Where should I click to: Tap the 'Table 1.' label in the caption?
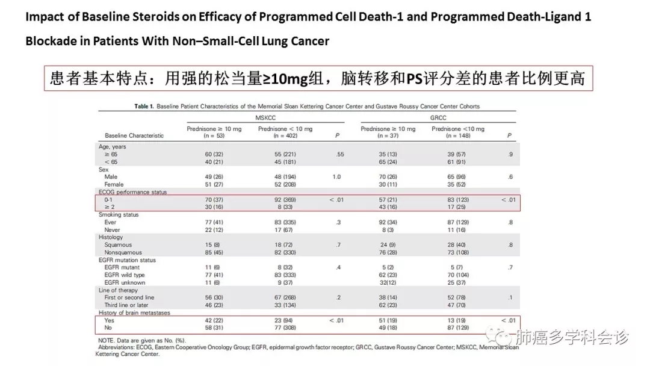[144, 107]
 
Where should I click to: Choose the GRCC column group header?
[438, 118]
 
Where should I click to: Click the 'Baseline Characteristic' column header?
[134, 135]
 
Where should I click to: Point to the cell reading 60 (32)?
[214, 155]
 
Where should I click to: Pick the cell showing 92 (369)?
[285, 199]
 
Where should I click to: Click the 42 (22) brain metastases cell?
[214, 321]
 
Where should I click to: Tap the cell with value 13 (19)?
[456, 321]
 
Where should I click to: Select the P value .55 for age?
[340, 155]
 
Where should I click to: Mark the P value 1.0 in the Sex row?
[336, 177]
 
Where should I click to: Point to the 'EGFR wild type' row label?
[125, 275]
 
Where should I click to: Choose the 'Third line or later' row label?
[126, 305]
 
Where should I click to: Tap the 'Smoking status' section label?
[119, 215]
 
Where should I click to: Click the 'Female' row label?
[114, 184]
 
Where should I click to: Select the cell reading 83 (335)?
[285, 222]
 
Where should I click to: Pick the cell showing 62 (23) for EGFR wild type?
[388, 275]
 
